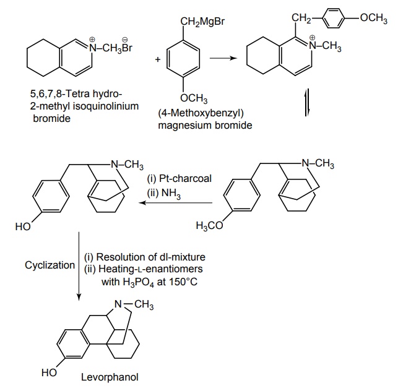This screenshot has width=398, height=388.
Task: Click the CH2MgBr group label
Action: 201,23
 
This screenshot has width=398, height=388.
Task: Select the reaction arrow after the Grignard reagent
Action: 222,59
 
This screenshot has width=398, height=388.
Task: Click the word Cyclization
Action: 50,265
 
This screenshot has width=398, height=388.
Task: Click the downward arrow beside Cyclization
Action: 79,266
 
